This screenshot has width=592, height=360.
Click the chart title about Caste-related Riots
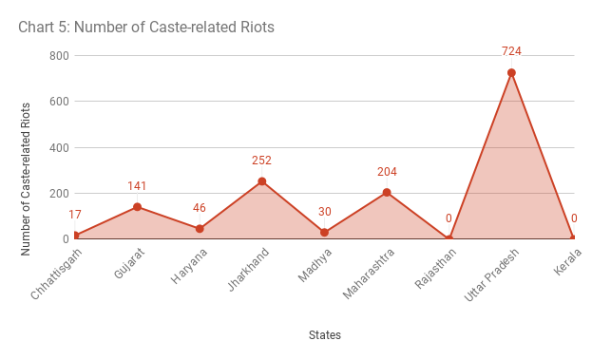click(x=146, y=27)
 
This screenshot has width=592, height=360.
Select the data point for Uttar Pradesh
click(x=511, y=72)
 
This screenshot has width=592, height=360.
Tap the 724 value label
click(x=511, y=51)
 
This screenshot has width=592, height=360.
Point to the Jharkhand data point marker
click(x=262, y=180)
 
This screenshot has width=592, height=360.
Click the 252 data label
click(x=262, y=161)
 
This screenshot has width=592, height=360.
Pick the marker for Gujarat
click(x=137, y=206)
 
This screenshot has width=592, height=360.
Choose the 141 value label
click(x=137, y=186)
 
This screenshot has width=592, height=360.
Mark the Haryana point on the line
click(x=200, y=228)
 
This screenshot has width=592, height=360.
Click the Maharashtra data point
click(x=387, y=192)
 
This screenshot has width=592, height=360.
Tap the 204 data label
click(x=387, y=172)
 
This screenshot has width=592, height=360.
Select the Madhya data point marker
click(x=324, y=232)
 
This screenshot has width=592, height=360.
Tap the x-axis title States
click(x=324, y=334)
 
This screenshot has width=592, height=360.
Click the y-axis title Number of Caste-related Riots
click(x=27, y=147)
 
